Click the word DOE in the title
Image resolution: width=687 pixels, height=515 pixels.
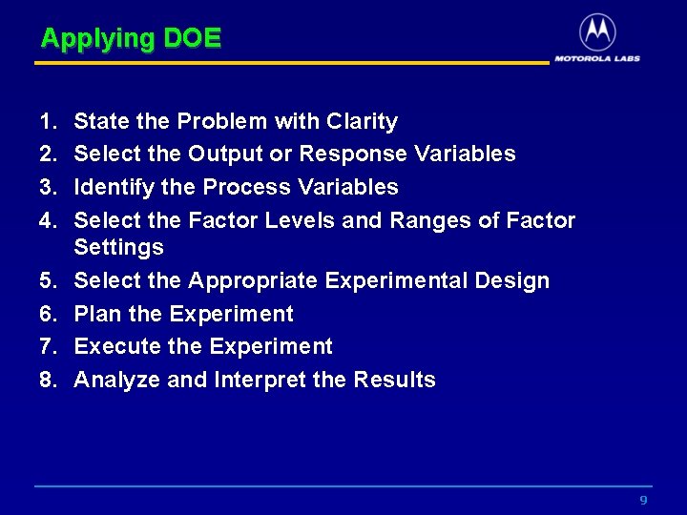(192, 38)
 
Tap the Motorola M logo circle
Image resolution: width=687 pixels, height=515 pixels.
(597, 32)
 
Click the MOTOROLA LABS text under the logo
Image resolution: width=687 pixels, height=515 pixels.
(597, 58)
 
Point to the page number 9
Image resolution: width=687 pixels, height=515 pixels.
(643, 501)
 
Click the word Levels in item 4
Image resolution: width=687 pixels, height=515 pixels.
(292, 220)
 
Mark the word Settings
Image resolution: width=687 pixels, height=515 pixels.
(118, 248)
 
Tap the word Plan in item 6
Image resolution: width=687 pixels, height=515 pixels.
(94, 314)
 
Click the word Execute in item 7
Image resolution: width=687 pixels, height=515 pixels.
(108, 346)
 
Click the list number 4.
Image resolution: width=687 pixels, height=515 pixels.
(48, 220)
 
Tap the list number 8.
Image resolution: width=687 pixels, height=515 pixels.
(48, 380)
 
